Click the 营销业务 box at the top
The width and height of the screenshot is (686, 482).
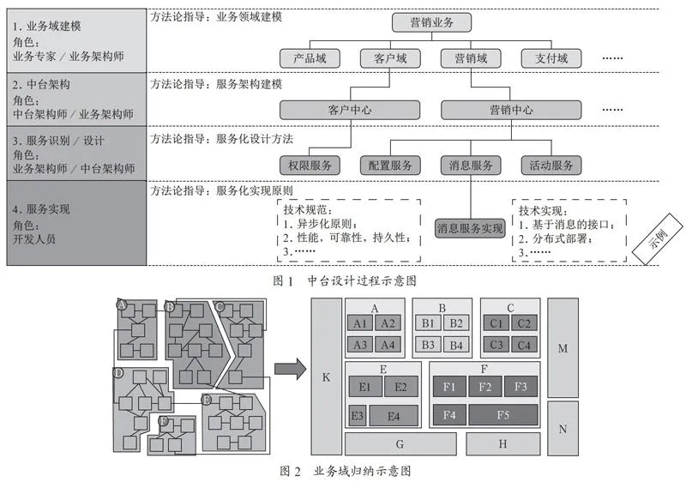pos(431,22)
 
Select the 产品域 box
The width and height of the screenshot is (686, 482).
pos(310,58)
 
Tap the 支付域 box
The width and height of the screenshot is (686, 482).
pos(551,58)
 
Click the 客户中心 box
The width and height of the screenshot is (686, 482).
pos(350,110)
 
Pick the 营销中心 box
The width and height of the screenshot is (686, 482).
pos(511,110)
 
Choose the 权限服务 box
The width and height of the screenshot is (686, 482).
pos(310,166)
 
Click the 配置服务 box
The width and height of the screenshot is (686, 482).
pos(390,166)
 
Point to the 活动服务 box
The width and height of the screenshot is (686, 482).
pos(551,166)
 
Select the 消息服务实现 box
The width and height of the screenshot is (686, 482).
pos(470,228)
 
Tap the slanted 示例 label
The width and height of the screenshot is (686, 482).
pos(658,238)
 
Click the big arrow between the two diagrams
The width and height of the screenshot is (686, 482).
pos(290,369)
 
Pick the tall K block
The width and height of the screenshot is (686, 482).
pos(327,377)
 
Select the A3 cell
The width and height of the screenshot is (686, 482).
pos(359,345)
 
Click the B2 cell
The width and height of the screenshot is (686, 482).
pos(456,323)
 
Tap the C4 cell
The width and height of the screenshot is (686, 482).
pos(524,345)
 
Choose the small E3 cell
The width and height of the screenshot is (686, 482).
pos(358,415)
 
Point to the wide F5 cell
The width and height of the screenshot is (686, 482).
pos(503,414)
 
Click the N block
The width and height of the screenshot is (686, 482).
pos(563,429)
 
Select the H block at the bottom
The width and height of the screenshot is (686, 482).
pos(502,444)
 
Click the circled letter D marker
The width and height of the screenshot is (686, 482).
pos(118,373)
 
